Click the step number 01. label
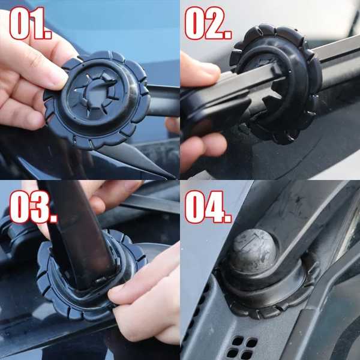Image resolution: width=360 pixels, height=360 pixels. tap(31, 23)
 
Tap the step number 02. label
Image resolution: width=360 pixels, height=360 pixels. tap(208, 23)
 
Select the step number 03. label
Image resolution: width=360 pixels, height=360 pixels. tap(33, 207)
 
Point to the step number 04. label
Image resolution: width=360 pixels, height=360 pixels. tap(208, 207)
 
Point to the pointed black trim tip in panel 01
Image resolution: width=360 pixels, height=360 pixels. tap(170, 176)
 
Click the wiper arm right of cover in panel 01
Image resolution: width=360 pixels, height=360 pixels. tap(163, 101)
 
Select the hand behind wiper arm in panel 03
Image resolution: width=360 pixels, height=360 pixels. tap(108, 197)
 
